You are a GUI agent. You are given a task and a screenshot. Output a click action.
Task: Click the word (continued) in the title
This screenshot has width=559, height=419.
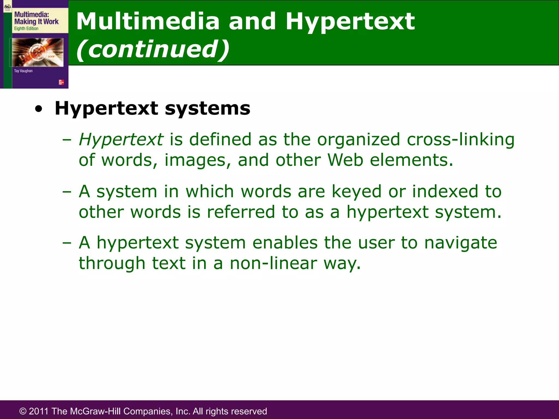[153, 49]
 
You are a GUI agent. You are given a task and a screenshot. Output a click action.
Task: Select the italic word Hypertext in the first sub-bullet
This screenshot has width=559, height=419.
[121, 140]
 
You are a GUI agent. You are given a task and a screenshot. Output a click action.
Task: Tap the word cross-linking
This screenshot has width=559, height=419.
[460, 140]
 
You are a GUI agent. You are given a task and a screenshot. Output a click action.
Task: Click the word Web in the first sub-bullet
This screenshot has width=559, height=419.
[345, 160]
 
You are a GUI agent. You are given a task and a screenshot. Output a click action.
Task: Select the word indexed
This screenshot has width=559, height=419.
[445, 191]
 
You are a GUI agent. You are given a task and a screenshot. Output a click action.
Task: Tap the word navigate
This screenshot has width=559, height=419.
[461, 243]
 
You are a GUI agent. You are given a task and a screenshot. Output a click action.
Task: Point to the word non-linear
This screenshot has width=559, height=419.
[273, 264]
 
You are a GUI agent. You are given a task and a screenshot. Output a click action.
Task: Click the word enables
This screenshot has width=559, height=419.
[285, 243]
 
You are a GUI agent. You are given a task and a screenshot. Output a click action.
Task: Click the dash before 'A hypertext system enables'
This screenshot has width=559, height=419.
[67, 243]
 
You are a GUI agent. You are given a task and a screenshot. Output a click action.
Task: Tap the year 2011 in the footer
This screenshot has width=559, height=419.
[39, 411]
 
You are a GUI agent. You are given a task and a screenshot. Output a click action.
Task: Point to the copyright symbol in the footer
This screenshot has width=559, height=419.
[23, 411]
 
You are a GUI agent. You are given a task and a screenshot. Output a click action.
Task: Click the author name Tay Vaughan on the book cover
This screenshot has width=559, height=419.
[23, 71]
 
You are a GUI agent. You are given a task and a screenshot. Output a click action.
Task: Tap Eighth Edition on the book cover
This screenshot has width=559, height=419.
[26, 29]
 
